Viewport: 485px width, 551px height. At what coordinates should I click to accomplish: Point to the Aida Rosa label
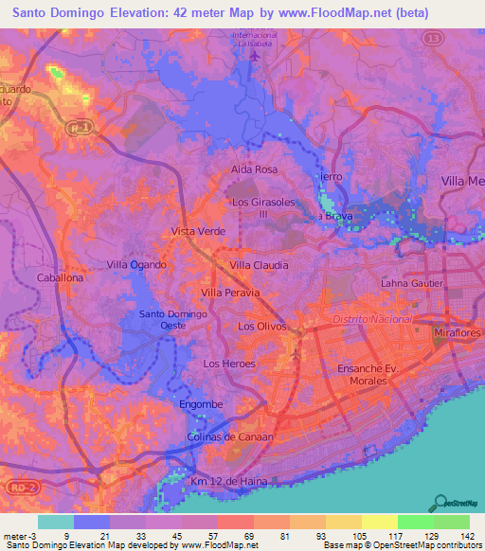pyautogui.click(x=254, y=169)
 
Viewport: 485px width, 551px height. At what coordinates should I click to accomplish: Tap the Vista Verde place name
pyautogui.click(x=197, y=231)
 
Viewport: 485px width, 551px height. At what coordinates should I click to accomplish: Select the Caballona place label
pyautogui.click(x=60, y=279)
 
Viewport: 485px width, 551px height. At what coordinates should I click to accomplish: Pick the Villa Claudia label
pyautogui.click(x=259, y=266)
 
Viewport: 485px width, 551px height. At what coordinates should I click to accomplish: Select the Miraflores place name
pyautogui.click(x=458, y=334)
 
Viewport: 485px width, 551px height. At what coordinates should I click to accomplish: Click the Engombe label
pyautogui.click(x=201, y=404)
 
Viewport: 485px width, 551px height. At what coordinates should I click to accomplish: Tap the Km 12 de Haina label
pyautogui.click(x=229, y=481)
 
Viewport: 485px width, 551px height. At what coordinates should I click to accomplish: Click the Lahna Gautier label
pyautogui.click(x=412, y=282)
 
